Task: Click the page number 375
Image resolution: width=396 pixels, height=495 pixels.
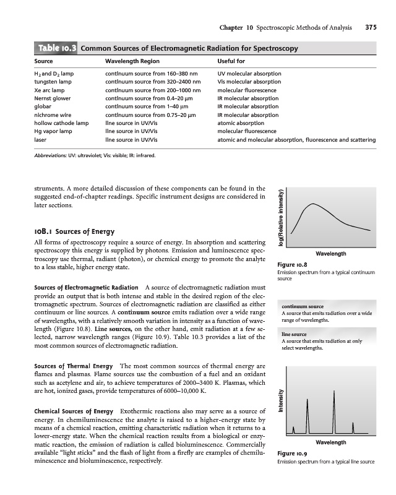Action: tap(371, 27)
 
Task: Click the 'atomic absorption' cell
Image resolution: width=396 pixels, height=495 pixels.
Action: tap(243, 123)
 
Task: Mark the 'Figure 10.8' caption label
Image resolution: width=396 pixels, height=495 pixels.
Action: tap(290, 265)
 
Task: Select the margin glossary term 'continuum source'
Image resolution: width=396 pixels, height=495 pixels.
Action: tap(303, 306)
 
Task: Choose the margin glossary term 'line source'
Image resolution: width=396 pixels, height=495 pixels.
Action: tap(295, 334)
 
